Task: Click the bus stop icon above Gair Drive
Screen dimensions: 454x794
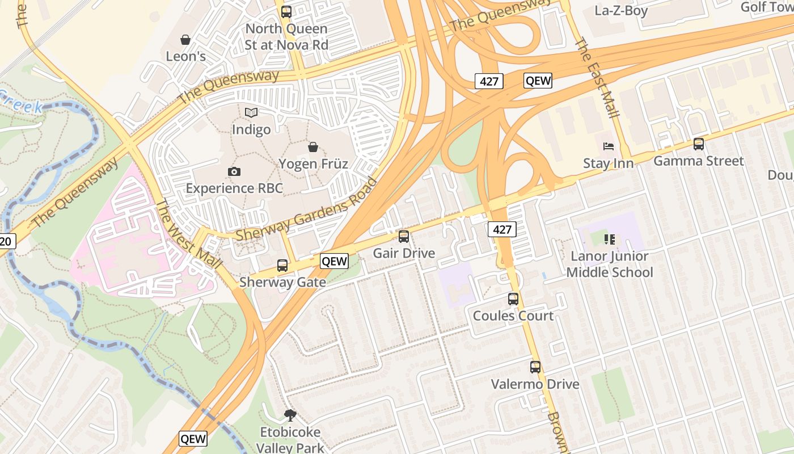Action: tap(404, 237)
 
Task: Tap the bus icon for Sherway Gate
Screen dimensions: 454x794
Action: tap(282, 265)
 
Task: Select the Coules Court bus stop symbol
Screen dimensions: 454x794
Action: tap(513, 299)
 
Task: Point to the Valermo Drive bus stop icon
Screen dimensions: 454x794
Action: tap(535, 367)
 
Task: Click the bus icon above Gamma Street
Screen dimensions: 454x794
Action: tap(699, 144)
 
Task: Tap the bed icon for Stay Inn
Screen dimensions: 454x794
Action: tap(609, 146)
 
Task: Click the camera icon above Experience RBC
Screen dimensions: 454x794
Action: tap(234, 171)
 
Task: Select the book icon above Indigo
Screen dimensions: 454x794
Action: tap(251, 113)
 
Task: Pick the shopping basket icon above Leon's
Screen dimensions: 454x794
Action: tap(185, 40)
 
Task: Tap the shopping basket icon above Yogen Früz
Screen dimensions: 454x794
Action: tap(313, 148)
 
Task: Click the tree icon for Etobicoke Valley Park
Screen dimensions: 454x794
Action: tap(290, 415)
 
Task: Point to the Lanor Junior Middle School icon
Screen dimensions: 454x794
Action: tap(610, 239)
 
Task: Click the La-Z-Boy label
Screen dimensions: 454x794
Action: tap(621, 10)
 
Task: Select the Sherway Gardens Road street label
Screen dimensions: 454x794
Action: tap(306, 209)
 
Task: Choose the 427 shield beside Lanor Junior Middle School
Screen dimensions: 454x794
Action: tap(502, 229)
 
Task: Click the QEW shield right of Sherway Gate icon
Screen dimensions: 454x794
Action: tap(334, 260)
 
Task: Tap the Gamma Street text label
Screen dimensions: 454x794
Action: tap(698, 161)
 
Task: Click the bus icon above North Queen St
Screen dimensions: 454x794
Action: tap(286, 11)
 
